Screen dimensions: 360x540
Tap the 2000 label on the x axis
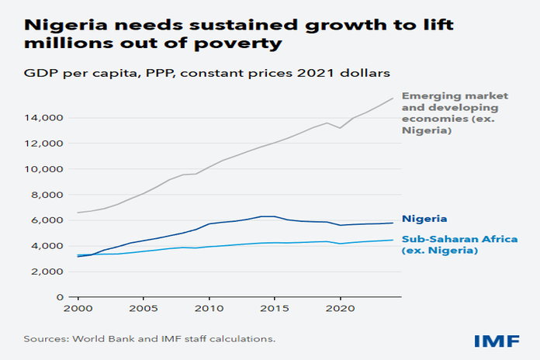[78, 308]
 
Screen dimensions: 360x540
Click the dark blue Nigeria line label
[423, 220]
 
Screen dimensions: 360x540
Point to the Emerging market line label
[441, 112]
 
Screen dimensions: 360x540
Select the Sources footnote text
[149, 339]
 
